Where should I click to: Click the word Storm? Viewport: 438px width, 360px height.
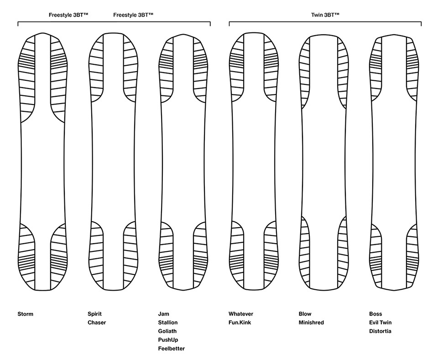point(26,314)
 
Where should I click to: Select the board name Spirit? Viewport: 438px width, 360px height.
point(94,314)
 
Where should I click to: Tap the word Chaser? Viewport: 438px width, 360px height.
point(97,323)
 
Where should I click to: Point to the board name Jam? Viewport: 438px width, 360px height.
point(163,314)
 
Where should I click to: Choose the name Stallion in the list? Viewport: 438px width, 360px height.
point(168,323)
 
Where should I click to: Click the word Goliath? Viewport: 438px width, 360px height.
point(167,331)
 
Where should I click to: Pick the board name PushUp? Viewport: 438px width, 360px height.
point(168,340)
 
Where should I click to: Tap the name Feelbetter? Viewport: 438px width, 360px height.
point(172,349)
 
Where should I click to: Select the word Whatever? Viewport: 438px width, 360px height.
point(241,314)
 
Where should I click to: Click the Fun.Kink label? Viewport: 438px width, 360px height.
point(240,323)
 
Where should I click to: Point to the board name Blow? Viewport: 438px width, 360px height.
point(305,314)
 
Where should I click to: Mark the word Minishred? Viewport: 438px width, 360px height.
point(311,323)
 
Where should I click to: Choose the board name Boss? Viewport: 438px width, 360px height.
point(375,314)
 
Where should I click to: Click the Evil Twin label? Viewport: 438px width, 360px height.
point(381,323)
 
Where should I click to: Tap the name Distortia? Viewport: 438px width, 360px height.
point(380,331)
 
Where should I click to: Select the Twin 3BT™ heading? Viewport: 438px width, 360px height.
point(325,15)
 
